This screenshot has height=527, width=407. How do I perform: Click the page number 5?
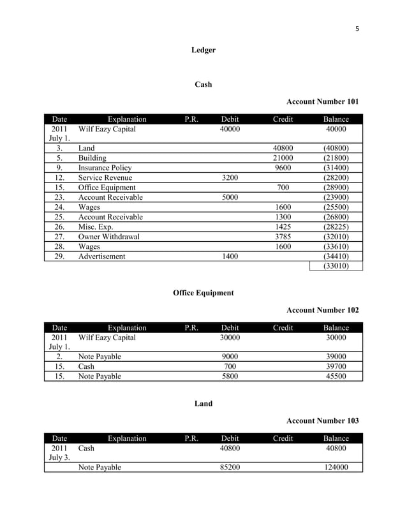(x=357, y=28)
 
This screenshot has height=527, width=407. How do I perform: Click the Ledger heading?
(x=204, y=50)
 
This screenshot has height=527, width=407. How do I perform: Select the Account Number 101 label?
(x=322, y=101)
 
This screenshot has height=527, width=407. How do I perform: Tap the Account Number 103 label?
(x=322, y=420)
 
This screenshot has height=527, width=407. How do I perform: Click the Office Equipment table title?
(x=204, y=293)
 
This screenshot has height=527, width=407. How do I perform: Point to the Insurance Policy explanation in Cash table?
(x=105, y=168)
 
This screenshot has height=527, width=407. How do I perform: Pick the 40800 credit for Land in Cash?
(x=283, y=148)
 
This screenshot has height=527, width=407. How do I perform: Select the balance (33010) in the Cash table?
(x=336, y=266)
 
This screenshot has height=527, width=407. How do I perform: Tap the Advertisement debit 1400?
(x=230, y=256)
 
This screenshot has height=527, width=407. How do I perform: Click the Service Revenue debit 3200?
(x=230, y=178)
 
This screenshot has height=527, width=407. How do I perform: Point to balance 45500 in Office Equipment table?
(x=336, y=376)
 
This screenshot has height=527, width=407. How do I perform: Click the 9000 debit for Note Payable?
(x=230, y=357)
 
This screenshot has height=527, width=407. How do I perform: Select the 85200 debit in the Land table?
(x=230, y=467)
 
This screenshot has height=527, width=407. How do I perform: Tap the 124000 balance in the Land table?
(x=336, y=467)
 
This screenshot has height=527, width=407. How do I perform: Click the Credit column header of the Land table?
(x=283, y=438)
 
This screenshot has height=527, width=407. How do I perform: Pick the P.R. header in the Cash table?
(x=191, y=119)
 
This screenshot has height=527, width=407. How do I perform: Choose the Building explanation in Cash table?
(x=92, y=158)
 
